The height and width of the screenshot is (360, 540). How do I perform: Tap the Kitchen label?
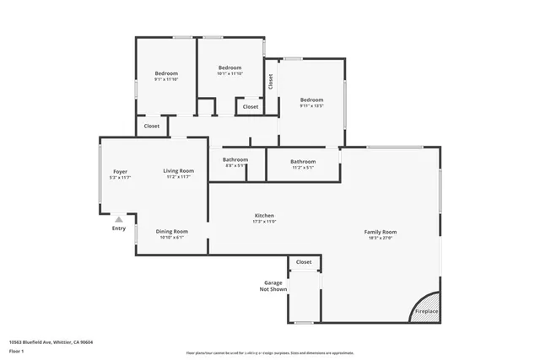point(264,216)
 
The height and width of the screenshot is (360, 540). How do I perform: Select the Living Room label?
point(179,171)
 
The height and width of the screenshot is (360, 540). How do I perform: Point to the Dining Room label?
point(172,231)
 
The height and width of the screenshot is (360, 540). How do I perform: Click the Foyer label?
point(120,171)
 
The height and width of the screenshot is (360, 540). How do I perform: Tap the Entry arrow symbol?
point(118,218)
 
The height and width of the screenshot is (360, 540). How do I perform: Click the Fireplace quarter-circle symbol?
point(429,305)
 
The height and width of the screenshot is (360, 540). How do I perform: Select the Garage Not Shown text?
point(273,286)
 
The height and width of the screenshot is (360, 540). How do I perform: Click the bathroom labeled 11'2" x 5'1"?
point(303,161)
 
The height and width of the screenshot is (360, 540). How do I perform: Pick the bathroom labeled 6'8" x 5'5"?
point(235,159)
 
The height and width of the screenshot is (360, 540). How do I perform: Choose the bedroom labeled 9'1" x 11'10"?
point(165,73)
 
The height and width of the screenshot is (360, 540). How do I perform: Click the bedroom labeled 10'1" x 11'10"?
point(229,67)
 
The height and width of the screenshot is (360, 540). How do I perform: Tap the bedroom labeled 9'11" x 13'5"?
point(311,99)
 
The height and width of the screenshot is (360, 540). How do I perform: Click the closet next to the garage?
point(304,262)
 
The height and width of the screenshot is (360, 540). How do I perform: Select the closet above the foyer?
point(151,126)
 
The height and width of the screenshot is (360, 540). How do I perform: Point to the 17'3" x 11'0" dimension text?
point(264,222)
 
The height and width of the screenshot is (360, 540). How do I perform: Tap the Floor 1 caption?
point(18,350)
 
